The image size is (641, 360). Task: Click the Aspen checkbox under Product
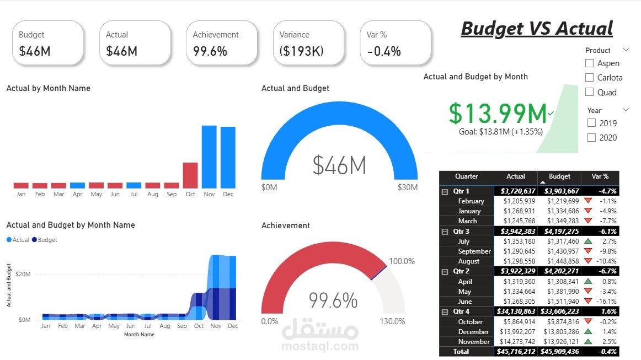[x=589, y=63]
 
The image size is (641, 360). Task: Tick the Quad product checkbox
[x=589, y=92]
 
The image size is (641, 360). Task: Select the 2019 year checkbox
[x=592, y=123]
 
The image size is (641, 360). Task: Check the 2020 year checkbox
[x=592, y=137]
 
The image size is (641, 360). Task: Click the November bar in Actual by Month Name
[x=209, y=157]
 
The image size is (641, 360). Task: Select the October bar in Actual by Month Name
[x=190, y=175]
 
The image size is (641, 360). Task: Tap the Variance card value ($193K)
[x=301, y=51]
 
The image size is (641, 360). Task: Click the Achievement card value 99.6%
[x=210, y=51]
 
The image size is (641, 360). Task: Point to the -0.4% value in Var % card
[x=384, y=51]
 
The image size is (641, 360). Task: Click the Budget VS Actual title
[x=537, y=28]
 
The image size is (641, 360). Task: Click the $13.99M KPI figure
[x=498, y=113]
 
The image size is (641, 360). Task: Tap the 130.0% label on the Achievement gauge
[x=392, y=321]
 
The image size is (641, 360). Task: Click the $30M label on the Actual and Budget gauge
[x=407, y=187]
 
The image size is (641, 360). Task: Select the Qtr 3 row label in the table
[x=461, y=232]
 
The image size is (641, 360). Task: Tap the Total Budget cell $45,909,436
[x=559, y=352]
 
